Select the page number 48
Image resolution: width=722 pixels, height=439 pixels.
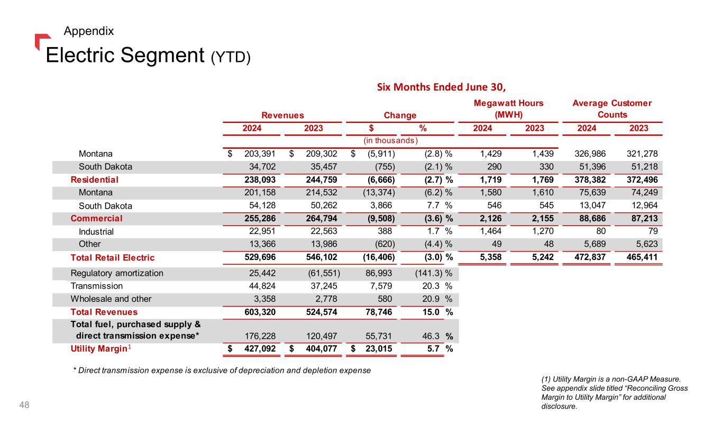[24, 405]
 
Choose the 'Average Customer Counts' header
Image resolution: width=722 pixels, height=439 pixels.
[612, 109]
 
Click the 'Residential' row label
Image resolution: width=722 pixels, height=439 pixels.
[95, 180]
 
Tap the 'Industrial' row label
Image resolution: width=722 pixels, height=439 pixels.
[96, 231]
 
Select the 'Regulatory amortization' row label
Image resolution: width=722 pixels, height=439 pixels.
[117, 273]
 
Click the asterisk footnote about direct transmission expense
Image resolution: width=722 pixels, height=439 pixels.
[222, 370]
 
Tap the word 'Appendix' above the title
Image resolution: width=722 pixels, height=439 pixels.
[88, 31]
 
